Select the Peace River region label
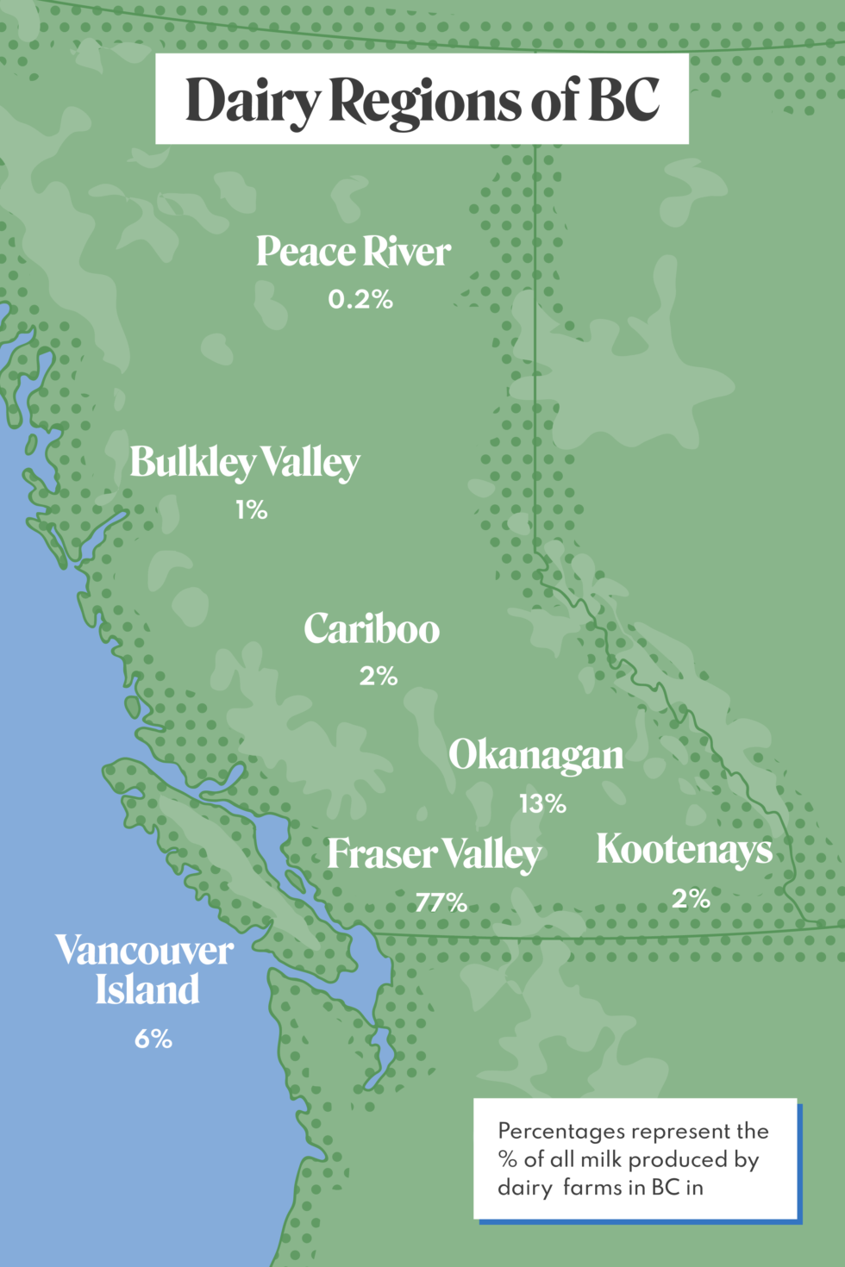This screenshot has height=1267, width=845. [x=354, y=252]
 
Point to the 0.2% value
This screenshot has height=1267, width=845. [x=360, y=300]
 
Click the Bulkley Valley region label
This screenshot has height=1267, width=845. [x=245, y=463]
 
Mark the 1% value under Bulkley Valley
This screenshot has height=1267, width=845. [x=251, y=510]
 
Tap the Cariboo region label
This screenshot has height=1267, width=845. [x=372, y=629]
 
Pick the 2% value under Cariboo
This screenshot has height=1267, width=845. [x=379, y=677]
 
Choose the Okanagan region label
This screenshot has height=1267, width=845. [x=535, y=756]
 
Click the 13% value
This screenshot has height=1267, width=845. [x=542, y=804]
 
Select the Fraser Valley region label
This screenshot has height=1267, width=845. [x=434, y=854]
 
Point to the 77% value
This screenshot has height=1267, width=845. [x=441, y=902]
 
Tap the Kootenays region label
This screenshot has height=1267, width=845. [x=685, y=849]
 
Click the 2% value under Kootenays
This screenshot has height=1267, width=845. [x=691, y=899]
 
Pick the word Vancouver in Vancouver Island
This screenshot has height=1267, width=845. [x=145, y=951]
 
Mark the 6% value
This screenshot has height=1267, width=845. [x=153, y=1039]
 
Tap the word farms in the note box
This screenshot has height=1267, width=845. [x=592, y=1188]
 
